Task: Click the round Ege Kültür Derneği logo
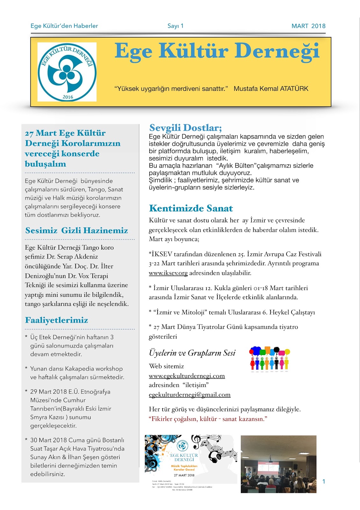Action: tap(67, 72)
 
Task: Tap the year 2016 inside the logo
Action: tap(68, 97)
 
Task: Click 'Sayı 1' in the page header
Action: tap(176, 26)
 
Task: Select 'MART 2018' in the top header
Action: tap(308, 26)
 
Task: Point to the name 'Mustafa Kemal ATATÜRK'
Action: tap(271, 89)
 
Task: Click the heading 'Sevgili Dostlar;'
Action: tap(185, 128)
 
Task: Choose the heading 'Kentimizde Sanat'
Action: tap(191, 208)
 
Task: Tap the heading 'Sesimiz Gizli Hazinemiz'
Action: tap(76, 230)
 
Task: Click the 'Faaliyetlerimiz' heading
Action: tap(56, 320)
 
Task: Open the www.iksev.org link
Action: tap(168, 273)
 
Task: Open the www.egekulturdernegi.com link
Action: tap(187, 376)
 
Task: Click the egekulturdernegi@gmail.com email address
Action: tap(190, 395)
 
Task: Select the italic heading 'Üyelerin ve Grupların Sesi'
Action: tap(192, 353)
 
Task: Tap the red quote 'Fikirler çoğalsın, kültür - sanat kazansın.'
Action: tap(208, 419)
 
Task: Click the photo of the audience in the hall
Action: tap(278, 464)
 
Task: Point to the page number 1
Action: tap(324, 481)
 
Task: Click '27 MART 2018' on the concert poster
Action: tap(184, 475)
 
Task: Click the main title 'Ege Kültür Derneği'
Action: tap(217, 51)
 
